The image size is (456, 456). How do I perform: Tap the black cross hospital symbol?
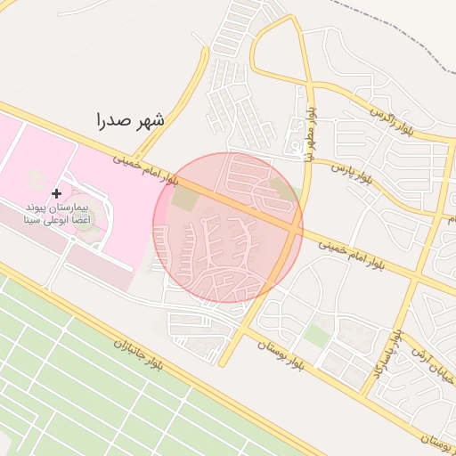pyautogui.click(x=57, y=193)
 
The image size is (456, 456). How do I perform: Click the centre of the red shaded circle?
pyautogui.click(x=228, y=228)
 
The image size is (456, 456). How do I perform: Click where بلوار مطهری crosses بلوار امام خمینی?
pyautogui.click(x=295, y=230)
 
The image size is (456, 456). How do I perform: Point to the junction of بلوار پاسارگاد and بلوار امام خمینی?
pyautogui.click(x=412, y=279)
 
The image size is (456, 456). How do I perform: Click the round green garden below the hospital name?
pyautogui.click(x=83, y=219)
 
